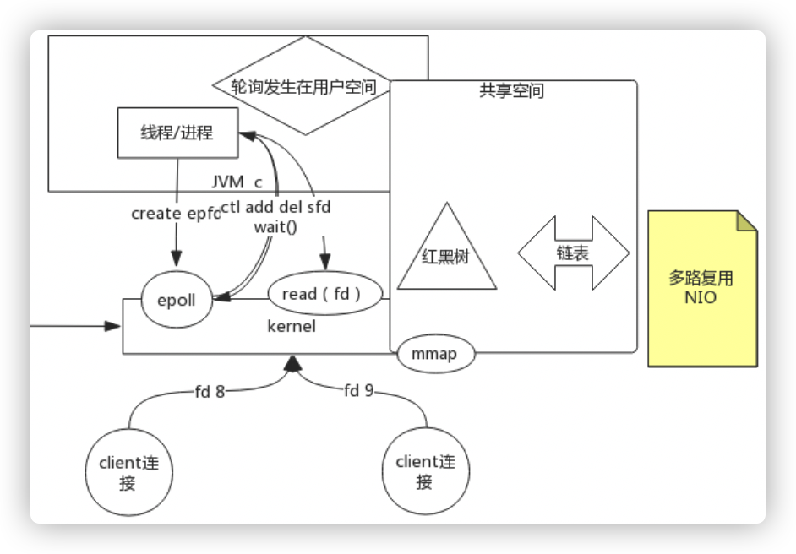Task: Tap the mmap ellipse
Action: (436, 355)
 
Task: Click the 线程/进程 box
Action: (176, 133)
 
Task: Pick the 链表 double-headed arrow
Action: (574, 253)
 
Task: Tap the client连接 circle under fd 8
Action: (128, 472)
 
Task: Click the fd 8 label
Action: (209, 391)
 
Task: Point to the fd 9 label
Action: (359, 391)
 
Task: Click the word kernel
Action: (292, 326)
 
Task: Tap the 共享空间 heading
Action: (511, 91)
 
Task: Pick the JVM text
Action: (227, 182)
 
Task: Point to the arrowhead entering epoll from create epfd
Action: (177, 258)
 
